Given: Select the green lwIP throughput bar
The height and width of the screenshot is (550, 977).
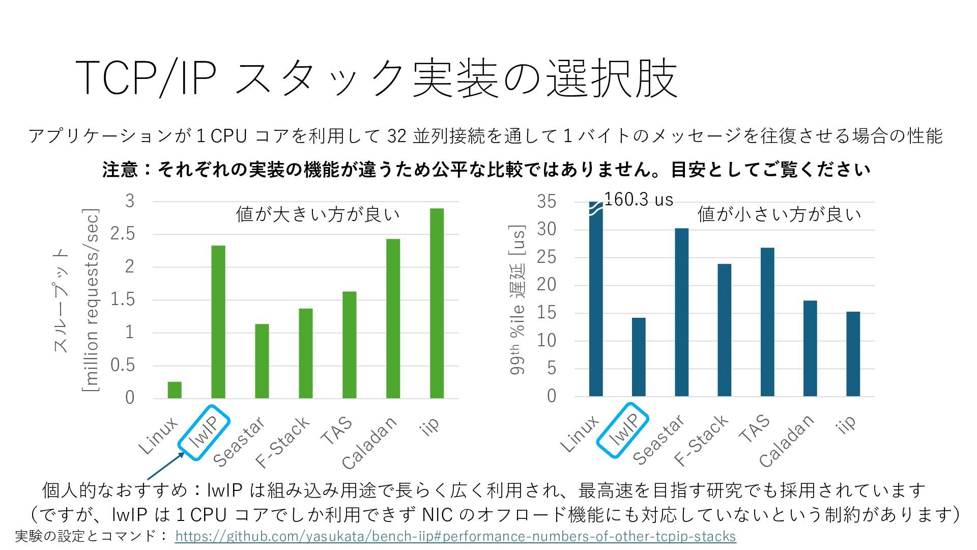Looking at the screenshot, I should point(218,322).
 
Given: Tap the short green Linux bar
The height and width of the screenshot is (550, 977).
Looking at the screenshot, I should point(175,390).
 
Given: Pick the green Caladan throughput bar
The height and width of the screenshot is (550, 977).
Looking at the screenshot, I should point(393,318).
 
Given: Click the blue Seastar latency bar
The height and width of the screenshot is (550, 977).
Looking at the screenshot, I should point(681,312).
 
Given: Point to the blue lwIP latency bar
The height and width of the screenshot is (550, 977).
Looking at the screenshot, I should point(639,356).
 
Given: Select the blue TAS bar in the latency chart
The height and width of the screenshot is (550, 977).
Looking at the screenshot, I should point(767,322).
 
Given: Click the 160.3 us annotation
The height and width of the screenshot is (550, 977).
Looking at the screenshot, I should point(639,200).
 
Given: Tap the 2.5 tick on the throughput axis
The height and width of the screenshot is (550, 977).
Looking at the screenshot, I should point(123,234).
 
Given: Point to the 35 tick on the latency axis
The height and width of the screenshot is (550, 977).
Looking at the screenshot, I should point(547,202).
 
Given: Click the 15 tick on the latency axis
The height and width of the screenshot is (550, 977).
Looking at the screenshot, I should point(547,313).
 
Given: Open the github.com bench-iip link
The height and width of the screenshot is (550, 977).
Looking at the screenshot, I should point(455,536).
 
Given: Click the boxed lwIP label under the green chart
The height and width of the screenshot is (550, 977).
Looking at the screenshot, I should point(205,432).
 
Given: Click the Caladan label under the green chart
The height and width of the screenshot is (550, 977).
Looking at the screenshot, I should point(369,443).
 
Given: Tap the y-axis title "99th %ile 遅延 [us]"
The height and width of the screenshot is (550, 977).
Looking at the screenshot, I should point(517,300).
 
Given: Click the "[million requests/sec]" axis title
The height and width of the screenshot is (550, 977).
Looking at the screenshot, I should point(91,300).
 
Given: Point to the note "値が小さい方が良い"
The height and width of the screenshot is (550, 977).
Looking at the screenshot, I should point(779,214).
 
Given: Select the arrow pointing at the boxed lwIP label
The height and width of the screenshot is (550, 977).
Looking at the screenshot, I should point(166,466).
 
